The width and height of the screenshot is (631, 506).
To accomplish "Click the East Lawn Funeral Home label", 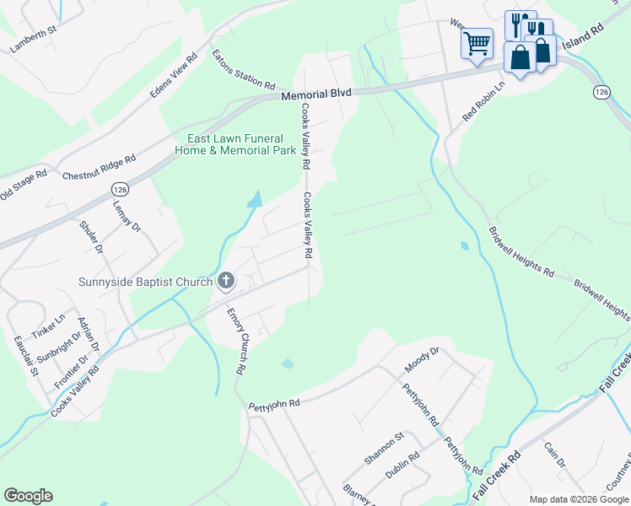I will click(x=235, y=144).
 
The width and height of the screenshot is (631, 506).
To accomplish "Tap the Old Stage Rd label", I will click(x=19, y=187).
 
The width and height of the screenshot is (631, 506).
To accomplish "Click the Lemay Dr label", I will click(x=127, y=214).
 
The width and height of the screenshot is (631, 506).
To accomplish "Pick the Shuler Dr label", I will click(x=90, y=237).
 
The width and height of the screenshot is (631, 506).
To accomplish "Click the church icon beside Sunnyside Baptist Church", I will click(x=225, y=282).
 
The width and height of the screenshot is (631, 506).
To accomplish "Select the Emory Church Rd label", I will click(x=235, y=341).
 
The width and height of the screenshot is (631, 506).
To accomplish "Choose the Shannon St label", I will click(x=386, y=447).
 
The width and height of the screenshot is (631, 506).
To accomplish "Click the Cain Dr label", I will click(x=553, y=456).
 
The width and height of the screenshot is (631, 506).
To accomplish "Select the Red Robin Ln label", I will click(x=483, y=100).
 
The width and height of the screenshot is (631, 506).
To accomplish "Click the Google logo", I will click(x=28, y=496).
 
